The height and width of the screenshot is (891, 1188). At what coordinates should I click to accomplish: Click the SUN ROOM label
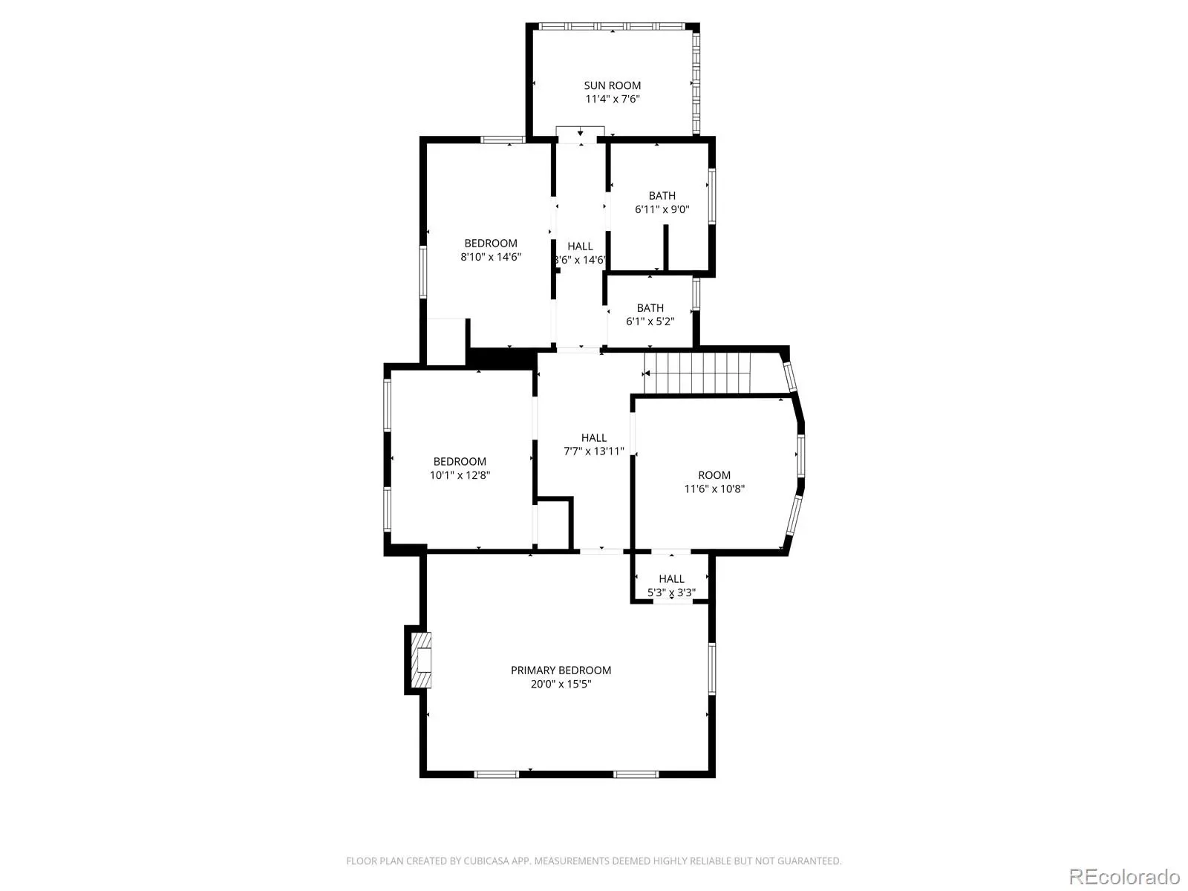click(x=612, y=85)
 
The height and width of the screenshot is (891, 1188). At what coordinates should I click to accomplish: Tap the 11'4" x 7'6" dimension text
click(x=612, y=99)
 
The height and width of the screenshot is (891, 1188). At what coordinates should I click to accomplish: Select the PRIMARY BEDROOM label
click(x=561, y=670)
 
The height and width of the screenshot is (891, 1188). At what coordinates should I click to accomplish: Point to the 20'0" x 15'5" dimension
click(x=561, y=684)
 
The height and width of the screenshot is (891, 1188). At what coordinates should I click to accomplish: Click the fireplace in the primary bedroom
click(x=420, y=660)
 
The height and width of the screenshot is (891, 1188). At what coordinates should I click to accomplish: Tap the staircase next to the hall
click(x=697, y=373)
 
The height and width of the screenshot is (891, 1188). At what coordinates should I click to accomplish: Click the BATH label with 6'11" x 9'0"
click(x=662, y=196)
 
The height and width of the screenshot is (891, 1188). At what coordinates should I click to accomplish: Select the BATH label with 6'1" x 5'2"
click(x=650, y=308)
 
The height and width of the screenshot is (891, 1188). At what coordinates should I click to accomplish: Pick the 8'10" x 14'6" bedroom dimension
click(x=490, y=257)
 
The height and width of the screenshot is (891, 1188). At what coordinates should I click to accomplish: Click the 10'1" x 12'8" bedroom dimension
click(x=460, y=475)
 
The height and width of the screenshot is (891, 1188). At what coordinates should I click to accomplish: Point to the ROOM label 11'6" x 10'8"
click(x=714, y=475)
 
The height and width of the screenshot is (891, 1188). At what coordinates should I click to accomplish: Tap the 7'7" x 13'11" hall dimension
click(x=594, y=451)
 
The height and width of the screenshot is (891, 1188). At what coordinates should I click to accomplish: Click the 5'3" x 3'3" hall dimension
click(x=671, y=593)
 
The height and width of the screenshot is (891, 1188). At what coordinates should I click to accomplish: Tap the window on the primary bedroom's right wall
click(x=712, y=668)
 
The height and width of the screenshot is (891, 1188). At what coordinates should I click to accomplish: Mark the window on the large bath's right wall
click(x=712, y=196)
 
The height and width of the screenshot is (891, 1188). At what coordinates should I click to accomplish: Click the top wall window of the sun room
click(x=612, y=26)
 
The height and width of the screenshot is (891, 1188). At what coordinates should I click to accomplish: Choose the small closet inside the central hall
click(x=552, y=523)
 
